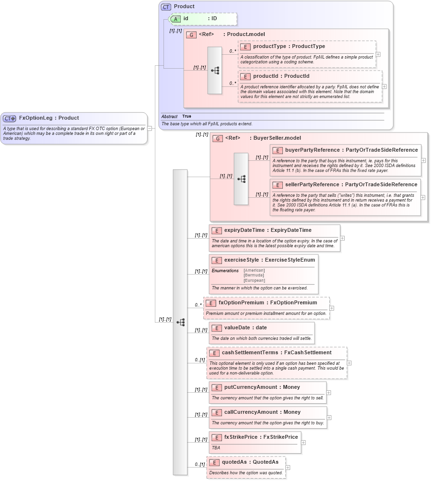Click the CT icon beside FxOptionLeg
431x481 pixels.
point(10,118)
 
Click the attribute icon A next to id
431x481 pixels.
point(176,19)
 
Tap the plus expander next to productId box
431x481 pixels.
point(384,86)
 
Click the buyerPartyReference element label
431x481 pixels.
point(315,150)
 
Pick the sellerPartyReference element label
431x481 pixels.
point(315,185)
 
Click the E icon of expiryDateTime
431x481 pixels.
point(217,230)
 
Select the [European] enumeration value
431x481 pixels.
point(254,280)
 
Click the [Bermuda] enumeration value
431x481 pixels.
point(254,276)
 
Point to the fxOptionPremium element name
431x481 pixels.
point(241,303)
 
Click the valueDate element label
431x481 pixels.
point(238,328)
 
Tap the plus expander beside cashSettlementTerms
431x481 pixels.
point(349,363)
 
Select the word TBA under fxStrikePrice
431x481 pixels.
point(216,447)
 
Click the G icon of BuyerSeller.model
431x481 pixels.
point(218,138)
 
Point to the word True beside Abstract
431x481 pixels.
point(186,117)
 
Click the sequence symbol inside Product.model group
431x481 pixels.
point(215,70)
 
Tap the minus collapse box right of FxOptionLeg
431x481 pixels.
point(150,128)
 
